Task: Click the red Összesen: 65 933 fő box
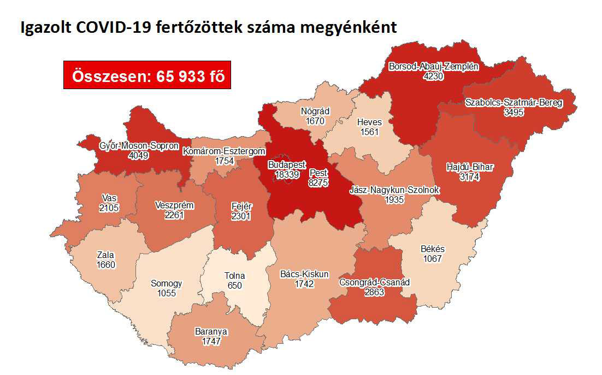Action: pos(146,76)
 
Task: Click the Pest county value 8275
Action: pos(318,183)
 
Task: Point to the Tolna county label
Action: pos(235,276)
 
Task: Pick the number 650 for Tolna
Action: pos(235,285)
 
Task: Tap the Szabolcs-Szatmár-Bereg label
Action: pos(514,102)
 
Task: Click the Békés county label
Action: pos(432,249)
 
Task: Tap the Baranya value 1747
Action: pos(211,341)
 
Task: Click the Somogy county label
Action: pos(166,284)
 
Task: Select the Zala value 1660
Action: pos(106,265)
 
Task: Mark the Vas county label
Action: pos(109,197)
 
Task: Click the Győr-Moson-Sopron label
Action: pos(131,146)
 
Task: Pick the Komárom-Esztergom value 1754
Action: pos(224,161)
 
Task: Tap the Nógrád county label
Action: pos(315,112)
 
